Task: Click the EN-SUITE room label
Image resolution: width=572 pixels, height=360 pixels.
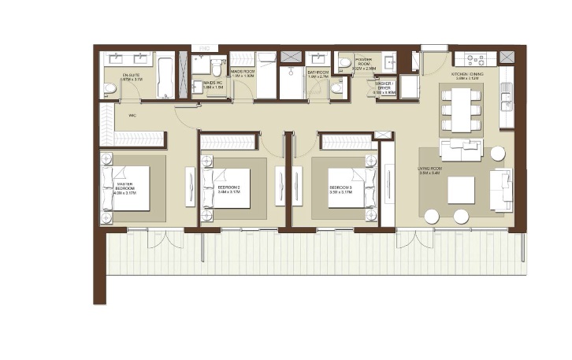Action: [131, 76]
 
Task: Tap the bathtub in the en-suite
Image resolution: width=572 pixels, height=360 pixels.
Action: [165, 75]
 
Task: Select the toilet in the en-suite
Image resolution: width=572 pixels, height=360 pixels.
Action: [110, 91]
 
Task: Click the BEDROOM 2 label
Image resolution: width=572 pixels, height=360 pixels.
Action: [228, 187]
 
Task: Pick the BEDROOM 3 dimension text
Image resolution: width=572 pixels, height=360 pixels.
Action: [341, 191]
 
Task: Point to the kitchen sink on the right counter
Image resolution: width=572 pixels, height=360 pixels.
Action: [505, 100]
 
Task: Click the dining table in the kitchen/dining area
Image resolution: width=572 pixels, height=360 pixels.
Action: [460, 110]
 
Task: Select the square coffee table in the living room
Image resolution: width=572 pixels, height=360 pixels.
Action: [461, 189]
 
